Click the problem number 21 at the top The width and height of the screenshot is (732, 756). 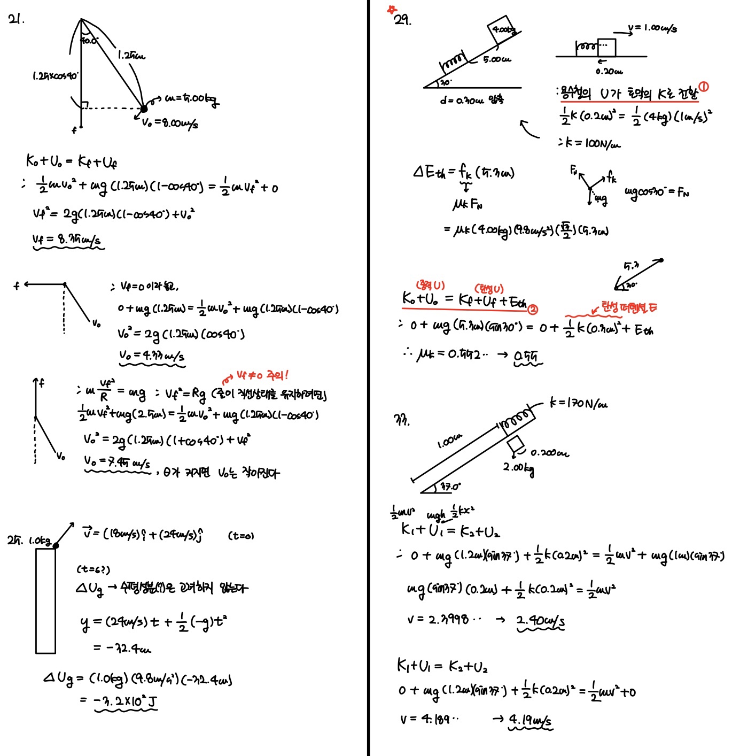(x=16, y=20)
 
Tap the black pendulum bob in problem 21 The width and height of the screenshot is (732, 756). (x=144, y=109)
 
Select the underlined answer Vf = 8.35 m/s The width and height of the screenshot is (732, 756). (x=67, y=240)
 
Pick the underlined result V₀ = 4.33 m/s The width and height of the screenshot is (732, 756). (x=152, y=356)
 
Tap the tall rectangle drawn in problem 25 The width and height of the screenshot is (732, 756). (x=45, y=600)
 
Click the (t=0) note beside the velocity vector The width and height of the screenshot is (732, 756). (x=241, y=535)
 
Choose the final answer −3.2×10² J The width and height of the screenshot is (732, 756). (x=125, y=701)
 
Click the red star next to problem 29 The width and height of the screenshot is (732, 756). (x=393, y=9)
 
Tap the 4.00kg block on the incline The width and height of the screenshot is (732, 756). (x=503, y=30)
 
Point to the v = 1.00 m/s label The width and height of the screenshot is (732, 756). (x=652, y=28)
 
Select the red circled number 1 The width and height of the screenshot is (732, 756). (x=704, y=87)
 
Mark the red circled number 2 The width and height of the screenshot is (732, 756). (x=533, y=309)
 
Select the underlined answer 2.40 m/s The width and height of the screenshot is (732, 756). (x=540, y=620)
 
